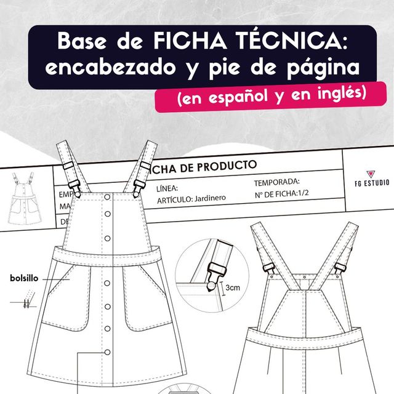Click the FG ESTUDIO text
(372, 183)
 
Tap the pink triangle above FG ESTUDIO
(371, 174)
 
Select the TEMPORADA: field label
(276, 182)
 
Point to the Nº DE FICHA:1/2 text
(283, 196)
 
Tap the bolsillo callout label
(25, 278)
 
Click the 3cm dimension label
(232, 287)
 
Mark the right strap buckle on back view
(339, 265)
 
